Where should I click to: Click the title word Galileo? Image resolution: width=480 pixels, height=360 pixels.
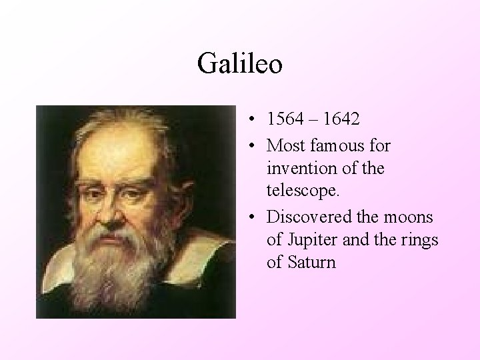[x=240, y=65]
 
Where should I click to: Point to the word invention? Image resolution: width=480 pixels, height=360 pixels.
[x=299, y=167]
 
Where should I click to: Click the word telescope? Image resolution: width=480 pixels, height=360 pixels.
[x=302, y=191]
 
